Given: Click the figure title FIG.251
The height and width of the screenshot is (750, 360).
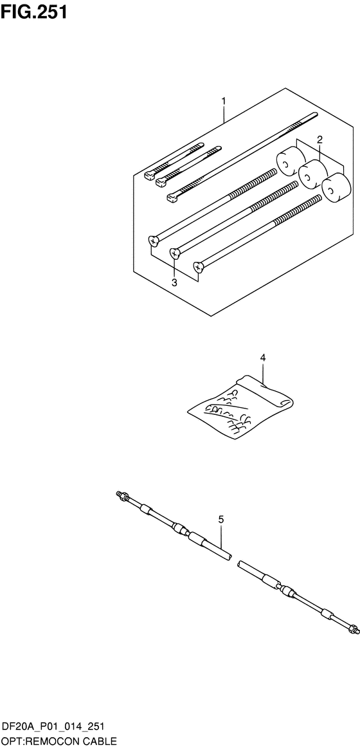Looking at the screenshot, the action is [x=33, y=12].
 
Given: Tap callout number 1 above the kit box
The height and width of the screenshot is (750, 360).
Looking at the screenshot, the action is [x=223, y=102].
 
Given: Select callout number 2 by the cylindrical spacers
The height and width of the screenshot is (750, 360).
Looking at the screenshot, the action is [x=320, y=140].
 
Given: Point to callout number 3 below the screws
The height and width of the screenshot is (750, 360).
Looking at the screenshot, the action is [x=174, y=282].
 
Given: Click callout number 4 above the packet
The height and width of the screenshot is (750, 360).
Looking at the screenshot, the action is [x=263, y=357].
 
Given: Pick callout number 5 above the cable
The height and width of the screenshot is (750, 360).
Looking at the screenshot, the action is [x=221, y=519].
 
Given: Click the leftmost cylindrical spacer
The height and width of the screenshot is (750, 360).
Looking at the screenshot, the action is [x=290, y=163].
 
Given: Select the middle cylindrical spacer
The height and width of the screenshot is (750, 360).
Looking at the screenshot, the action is [x=312, y=174].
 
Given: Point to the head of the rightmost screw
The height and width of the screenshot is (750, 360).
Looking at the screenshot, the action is [x=199, y=266].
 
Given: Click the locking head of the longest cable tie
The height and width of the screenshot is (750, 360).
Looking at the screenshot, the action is [x=172, y=197].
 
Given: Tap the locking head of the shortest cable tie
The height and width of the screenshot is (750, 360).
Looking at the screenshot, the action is [x=150, y=176].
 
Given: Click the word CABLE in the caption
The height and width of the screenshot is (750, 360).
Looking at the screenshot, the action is [x=100, y=742].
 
